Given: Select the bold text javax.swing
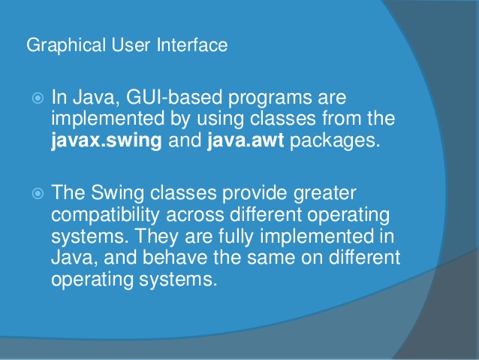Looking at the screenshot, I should pos(107,139).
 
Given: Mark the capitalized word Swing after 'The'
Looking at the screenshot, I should pos(118,194).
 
